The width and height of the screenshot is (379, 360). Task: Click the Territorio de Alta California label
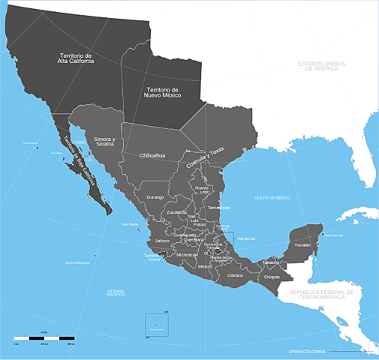point(77,58)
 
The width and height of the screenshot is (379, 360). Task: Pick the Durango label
point(155,196)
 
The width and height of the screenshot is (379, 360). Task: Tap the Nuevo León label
point(202,190)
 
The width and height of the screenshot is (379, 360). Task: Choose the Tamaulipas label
point(218,207)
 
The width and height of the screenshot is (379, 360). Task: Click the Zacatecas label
point(177,212)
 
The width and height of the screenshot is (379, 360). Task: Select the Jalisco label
point(163,240)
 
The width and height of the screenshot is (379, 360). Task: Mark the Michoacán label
point(187,255)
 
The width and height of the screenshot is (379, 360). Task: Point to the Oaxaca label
point(236,275)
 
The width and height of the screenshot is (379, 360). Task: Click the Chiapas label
point(272,277)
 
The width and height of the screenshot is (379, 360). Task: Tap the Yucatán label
point(302,244)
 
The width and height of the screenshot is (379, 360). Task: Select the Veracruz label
point(245,238)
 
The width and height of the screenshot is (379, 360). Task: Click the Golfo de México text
point(272,197)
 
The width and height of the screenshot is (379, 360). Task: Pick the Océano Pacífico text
point(116,293)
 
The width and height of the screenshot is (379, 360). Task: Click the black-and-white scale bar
point(44,339)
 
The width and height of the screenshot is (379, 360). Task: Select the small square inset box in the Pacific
point(157,324)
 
